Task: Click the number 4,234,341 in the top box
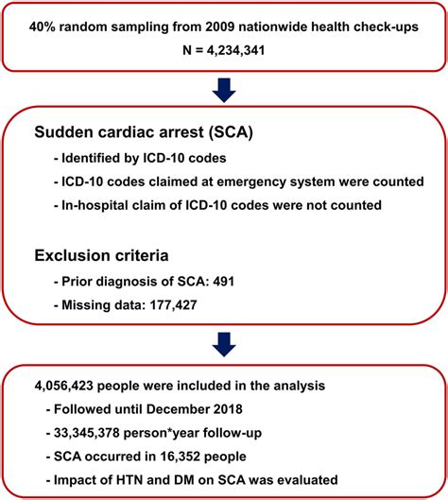(x=235, y=50)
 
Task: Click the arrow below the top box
(x=224, y=90)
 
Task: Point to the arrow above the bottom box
(x=224, y=344)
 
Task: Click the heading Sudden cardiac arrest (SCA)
(x=144, y=132)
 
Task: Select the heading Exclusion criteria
(x=101, y=255)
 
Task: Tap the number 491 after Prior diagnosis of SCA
(x=224, y=282)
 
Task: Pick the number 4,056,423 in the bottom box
(x=63, y=386)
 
